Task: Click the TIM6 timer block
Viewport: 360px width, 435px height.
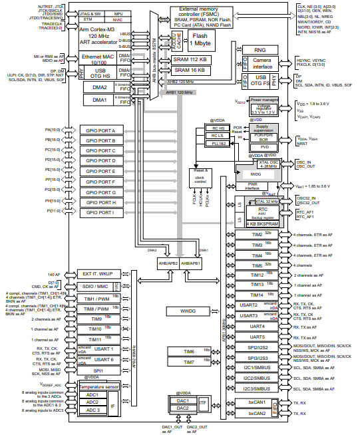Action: click(188, 351)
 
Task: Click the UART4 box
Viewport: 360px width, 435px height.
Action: click(257, 327)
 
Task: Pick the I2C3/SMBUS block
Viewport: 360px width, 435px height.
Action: click(257, 388)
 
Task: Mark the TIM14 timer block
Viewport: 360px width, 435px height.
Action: click(257, 295)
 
